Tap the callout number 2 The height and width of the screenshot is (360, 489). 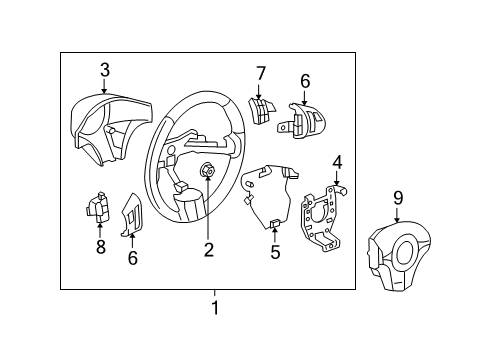pos(208,249)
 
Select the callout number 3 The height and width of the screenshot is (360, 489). pos(104,69)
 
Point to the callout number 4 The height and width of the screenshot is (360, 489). pos(337,161)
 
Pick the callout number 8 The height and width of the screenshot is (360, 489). pos(100,247)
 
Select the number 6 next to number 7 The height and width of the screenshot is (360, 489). pos(305,82)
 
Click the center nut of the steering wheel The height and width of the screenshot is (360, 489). pos(207,171)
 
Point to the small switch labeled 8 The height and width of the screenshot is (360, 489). pos(99,207)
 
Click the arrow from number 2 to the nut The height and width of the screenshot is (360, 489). pos(208,205)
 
